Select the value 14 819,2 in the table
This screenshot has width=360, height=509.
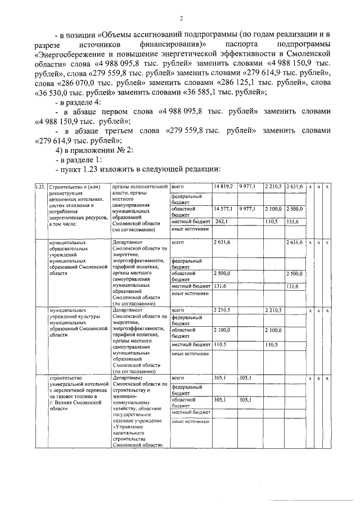[223, 187]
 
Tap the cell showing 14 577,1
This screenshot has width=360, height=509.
[223, 209]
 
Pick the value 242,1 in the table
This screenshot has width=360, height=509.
[220, 222]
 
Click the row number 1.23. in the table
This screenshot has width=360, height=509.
[40, 187]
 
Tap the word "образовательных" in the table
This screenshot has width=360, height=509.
[69, 248]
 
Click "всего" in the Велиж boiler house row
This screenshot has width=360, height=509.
[178, 379]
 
